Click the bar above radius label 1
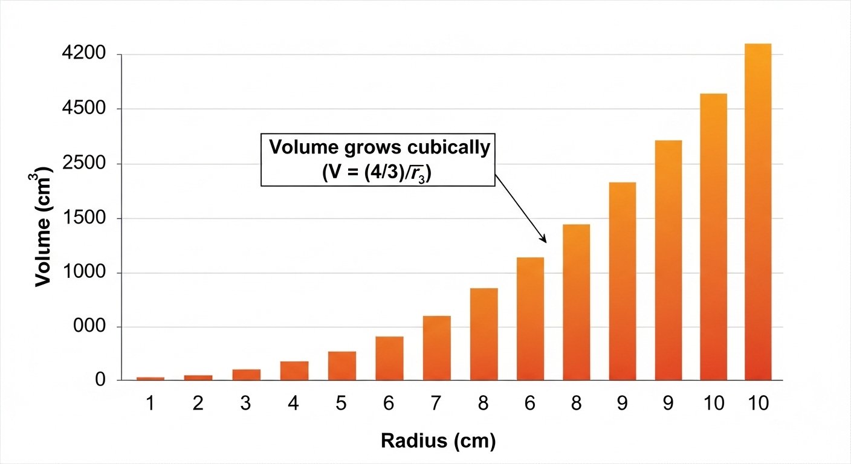tap(150, 379)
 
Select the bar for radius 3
tap(246, 375)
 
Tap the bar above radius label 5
tap(341, 366)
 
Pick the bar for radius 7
tap(437, 348)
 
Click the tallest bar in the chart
tap(758, 211)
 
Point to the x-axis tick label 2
tap(198, 404)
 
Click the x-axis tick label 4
tap(294, 404)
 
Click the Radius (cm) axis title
tap(438, 441)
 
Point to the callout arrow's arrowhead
tap(545, 240)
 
